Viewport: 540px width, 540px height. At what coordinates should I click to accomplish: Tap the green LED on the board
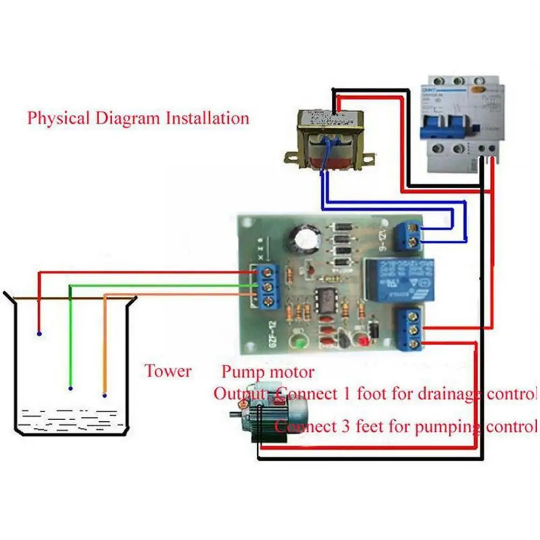[295, 341]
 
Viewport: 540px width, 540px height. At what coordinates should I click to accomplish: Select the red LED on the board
[363, 342]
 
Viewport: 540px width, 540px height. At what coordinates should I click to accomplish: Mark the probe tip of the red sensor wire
[39, 334]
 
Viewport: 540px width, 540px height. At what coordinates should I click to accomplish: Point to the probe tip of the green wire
[71, 388]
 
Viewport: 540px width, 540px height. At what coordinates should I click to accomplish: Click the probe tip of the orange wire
[105, 395]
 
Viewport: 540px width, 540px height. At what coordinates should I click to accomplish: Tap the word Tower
[167, 371]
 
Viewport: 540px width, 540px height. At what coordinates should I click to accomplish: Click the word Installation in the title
[208, 118]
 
